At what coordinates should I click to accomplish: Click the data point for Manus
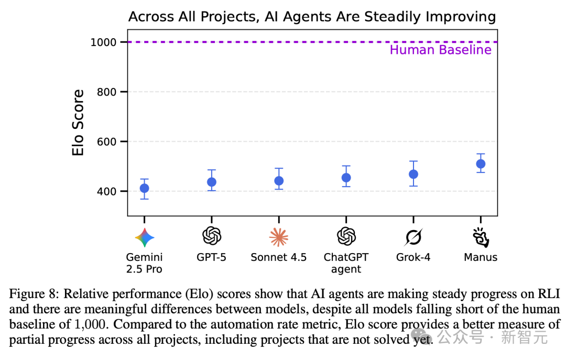tap(481, 164)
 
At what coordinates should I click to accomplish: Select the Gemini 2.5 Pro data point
tap(144, 188)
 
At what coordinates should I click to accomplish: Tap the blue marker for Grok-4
tap(413, 174)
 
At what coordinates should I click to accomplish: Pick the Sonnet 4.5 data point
tap(279, 181)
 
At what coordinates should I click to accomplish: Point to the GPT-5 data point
tap(212, 182)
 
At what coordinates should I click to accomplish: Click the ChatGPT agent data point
tap(346, 178)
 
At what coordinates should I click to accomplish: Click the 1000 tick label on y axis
tap(103, 42)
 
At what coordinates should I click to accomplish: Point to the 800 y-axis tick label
tap(107, 92)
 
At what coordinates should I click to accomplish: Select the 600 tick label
tap(107, 141)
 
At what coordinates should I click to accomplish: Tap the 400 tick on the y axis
tap(107, 191)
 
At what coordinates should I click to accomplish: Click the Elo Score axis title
tap(78, 123)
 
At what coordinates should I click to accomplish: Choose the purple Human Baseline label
tap(440, 50)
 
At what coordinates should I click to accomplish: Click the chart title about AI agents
tap(312, 17)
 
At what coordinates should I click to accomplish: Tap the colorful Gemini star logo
tap(144, 238)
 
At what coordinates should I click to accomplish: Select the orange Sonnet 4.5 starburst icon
tap(279, 237)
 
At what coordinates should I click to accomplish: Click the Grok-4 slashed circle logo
tap(413, 238)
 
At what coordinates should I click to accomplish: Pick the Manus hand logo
tap(481, 237)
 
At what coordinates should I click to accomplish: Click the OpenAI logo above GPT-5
tap(212, 236)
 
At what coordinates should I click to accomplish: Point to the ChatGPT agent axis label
tap(346, 263)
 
